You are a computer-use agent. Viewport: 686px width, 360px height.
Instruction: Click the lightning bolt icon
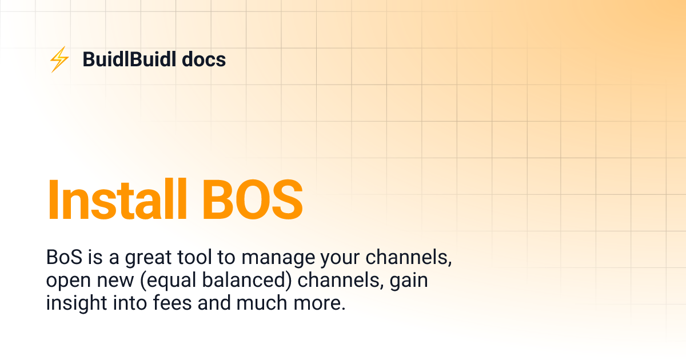click(x=59, y=59)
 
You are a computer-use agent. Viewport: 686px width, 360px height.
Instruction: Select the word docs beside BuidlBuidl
click(x=204, y=59)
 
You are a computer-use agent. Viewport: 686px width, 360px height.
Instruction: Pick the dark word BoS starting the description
click(x=65, y=258)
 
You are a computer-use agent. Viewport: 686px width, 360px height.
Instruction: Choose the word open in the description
click(x=68, y=281)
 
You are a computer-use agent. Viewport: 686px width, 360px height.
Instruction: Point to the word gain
click(x=409, y=281)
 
